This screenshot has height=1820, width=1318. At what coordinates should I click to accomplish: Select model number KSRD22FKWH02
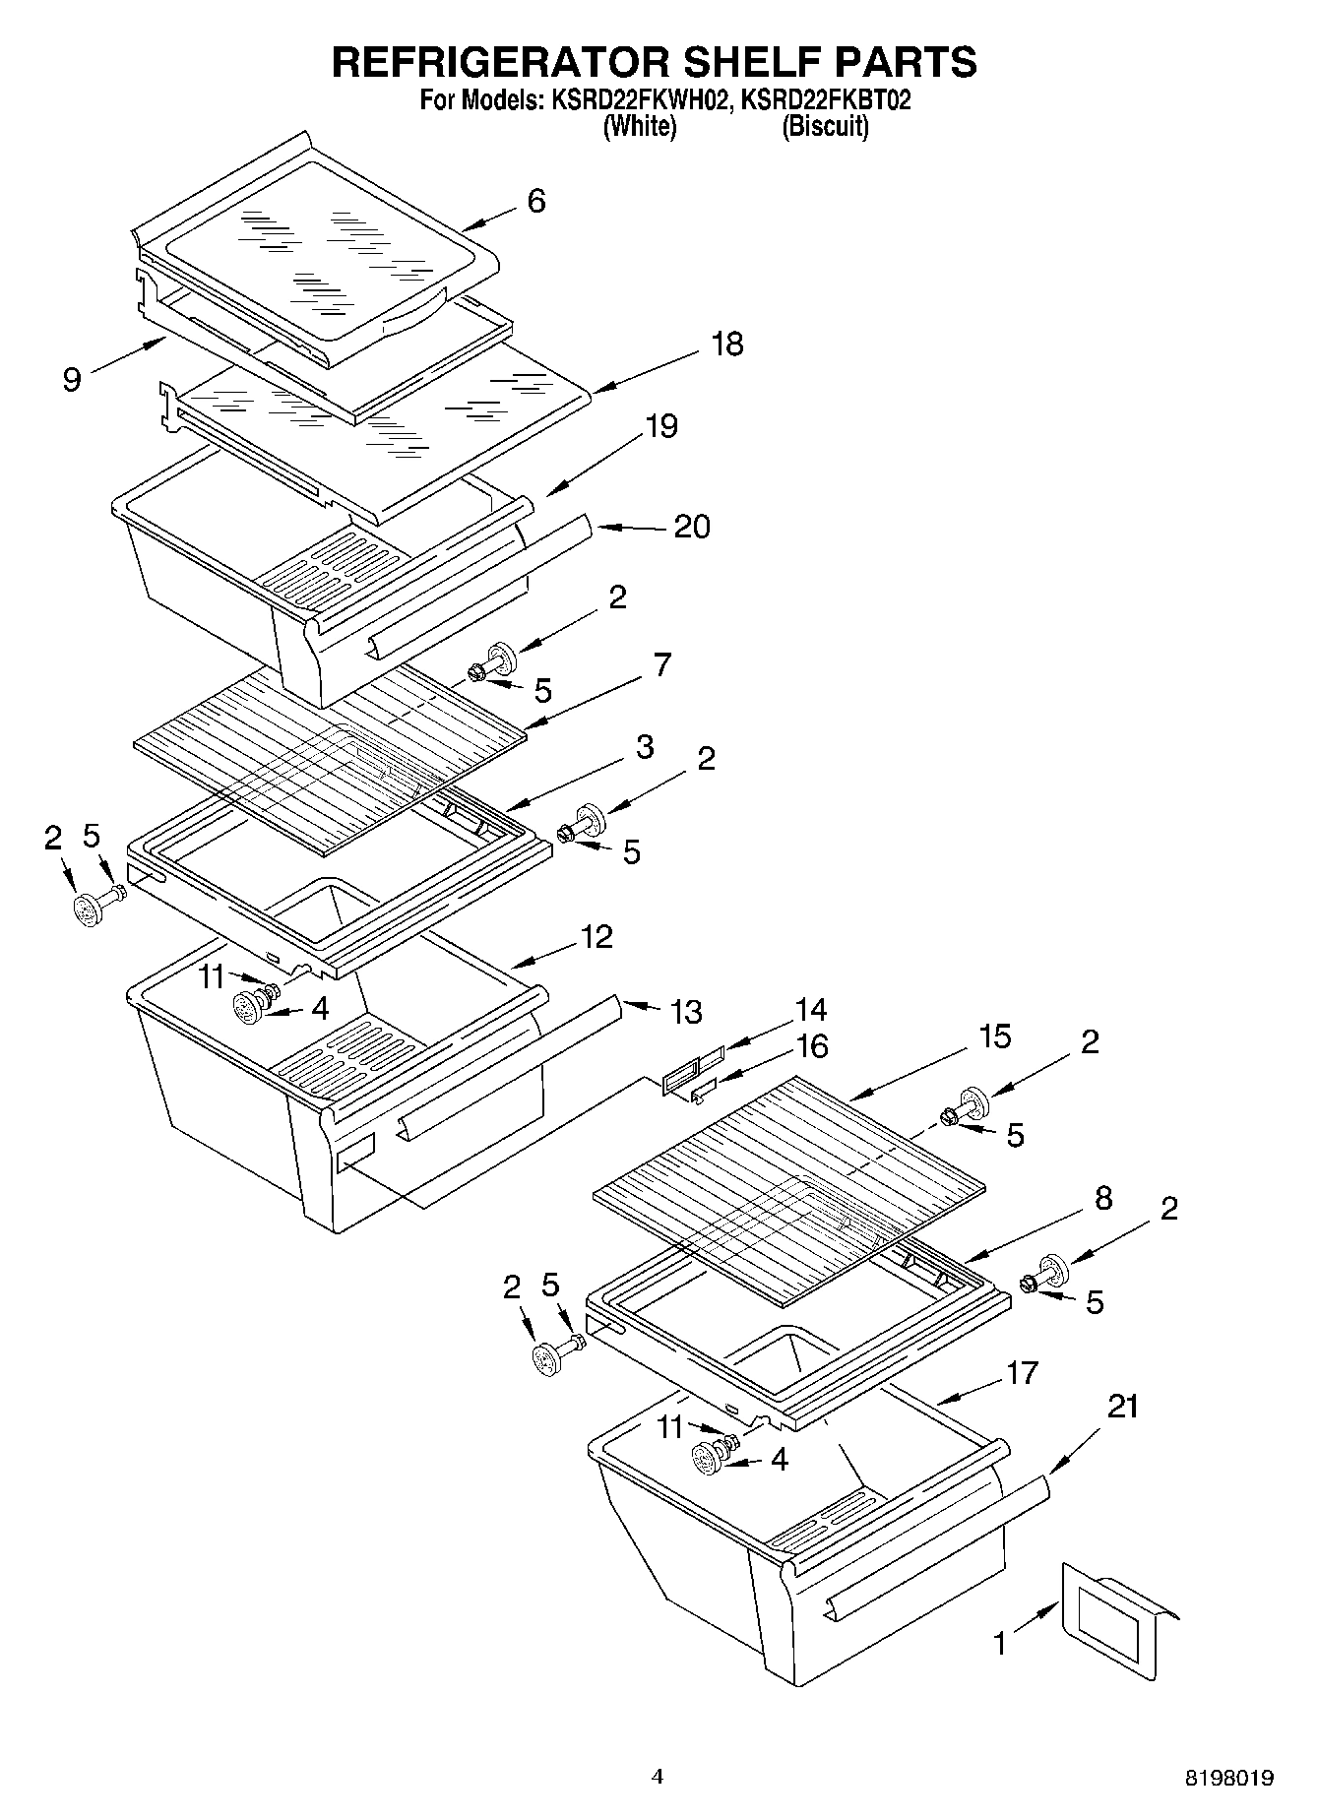(635, 100)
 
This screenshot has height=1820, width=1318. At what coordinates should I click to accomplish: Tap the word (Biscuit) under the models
(825, 127)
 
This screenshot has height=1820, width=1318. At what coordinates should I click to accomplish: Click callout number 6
(535, 201)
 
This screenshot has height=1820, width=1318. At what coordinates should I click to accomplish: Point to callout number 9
(72, 380)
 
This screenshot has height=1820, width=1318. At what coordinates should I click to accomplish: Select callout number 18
(727, 345)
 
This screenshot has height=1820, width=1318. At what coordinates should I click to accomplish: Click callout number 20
(692, 527)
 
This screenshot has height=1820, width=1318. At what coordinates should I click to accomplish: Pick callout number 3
(644, 747)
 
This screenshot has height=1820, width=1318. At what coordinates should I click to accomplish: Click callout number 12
(596, 936)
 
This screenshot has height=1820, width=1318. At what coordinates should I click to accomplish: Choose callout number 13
(686, 1011)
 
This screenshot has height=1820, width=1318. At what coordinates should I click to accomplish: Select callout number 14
(811, 1010)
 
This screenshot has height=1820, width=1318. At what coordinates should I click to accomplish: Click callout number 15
(995, 1036)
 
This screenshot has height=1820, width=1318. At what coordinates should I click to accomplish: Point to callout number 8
(1102, 1198)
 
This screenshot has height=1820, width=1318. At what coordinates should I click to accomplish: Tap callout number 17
(1022, 1372)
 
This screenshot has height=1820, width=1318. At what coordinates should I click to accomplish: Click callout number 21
(1122, 1407)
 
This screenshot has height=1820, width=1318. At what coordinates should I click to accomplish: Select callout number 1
(1000, 1643)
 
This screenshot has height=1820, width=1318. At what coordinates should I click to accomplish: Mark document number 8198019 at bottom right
(1228, 1779)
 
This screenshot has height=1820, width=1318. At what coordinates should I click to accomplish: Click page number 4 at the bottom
(658, 1777)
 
